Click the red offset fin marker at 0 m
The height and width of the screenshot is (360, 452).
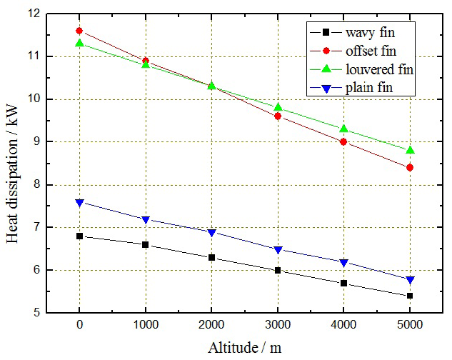pos(79,31)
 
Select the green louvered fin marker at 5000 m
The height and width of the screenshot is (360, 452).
pos(410,150)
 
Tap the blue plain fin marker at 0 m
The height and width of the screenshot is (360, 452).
pos(79,203)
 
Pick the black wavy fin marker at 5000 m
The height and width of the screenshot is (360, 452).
pos(410,296)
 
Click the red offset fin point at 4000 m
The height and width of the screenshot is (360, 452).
pos(343,141)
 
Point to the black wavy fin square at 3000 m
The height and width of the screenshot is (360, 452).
pos(278,270)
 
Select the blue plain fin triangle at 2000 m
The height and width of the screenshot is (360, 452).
pos(211,233)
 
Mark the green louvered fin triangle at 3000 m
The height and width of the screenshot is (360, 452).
pos(278,107)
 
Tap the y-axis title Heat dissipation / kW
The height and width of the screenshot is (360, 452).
pos(12,163)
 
